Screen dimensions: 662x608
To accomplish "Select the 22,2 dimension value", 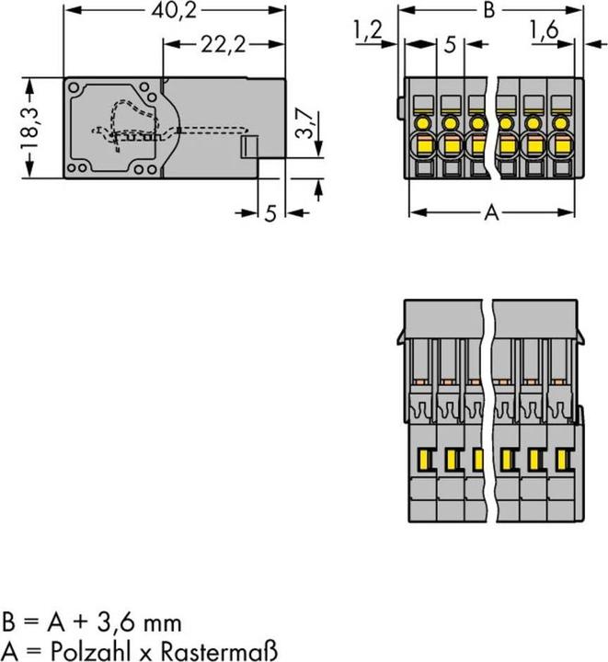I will click(222, 43).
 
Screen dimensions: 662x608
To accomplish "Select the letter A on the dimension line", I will click(491, 213).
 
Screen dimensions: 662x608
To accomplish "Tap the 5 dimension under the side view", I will click(270, 213).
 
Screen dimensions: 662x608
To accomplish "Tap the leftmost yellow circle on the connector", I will click(424, 121).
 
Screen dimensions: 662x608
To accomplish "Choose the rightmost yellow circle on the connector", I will click(560, 121).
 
